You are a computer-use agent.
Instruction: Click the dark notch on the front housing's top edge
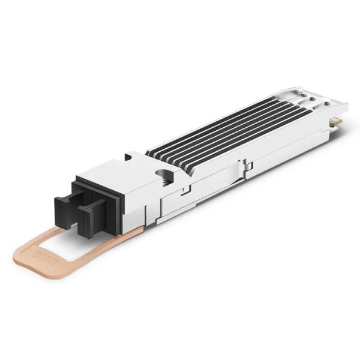pos(128,157)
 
